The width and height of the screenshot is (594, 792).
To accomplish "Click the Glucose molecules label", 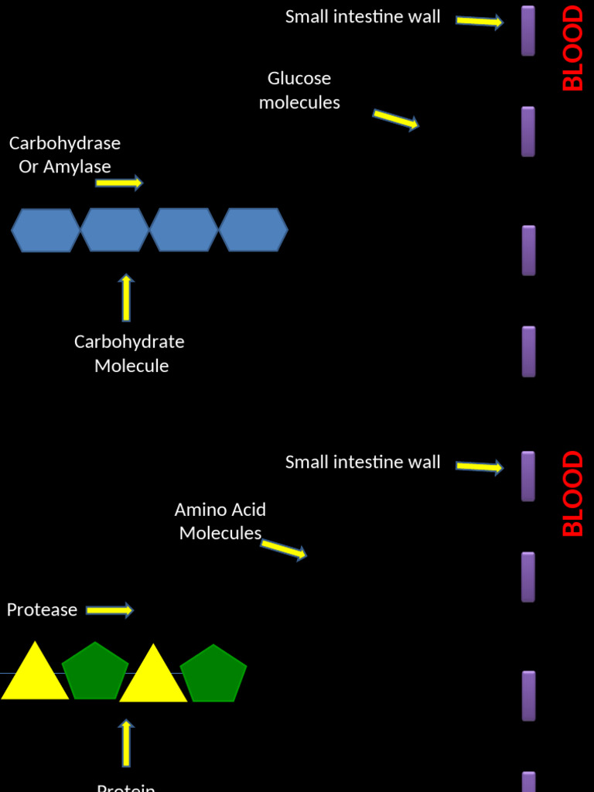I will (x=299, y=90).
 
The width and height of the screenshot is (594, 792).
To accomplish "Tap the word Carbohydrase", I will (x=65, y=143).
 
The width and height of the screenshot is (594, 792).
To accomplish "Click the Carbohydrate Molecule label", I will (x=130, y=353).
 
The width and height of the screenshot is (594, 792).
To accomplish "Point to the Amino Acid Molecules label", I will (x=220, y=521).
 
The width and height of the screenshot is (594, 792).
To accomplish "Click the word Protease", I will (x=42, y=610).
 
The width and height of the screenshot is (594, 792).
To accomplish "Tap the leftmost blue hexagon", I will (x=46, y=230).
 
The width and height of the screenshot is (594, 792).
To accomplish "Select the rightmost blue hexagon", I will (x=253, y=230).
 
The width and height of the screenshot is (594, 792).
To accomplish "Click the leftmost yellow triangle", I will (x=34, y=674).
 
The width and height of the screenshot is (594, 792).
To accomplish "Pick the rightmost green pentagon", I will (x=213, y=675).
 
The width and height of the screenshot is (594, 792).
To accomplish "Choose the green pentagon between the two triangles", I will (x=94, y=673).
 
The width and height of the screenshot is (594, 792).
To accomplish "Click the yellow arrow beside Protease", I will (x=109, y=610).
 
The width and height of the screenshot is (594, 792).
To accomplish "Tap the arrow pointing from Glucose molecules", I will (x=395, y=119).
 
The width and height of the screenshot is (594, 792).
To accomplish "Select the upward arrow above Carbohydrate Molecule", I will (x=126, y=298).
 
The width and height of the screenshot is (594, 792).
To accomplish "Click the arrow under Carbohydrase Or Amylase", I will (x=119, y=183).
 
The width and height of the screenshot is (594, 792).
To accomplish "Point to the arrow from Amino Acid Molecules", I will (x=283, y=549).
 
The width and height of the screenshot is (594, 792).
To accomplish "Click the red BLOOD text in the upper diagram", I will (x=573, y=48).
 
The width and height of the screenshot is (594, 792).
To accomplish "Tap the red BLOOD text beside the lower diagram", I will (x=573, y=493).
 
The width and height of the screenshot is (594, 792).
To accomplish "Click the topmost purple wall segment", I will (x=528, y=31).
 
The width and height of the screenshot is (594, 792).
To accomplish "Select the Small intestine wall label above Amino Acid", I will (x=363, y=463).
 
